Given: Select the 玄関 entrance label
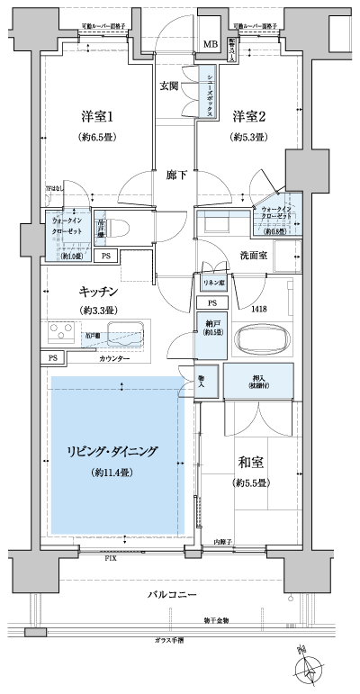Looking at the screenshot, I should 168,86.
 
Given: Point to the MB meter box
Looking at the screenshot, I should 210,45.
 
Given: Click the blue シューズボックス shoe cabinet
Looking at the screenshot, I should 208,92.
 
